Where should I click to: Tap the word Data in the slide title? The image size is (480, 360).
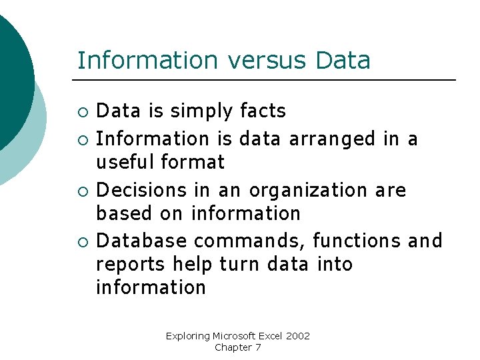pyautogui.click(x=343, y=61)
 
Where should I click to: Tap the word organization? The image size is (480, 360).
pyautogui.click(x=307, y=191)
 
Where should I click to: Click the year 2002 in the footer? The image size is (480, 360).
pyautogui.click(x=298, y=336)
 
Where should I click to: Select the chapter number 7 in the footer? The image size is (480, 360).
pyautogui.click(x=257, y=347)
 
